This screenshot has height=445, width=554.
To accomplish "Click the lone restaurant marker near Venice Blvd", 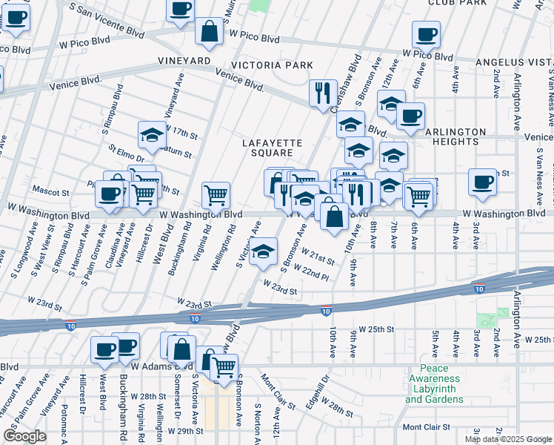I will [x=322, y=93].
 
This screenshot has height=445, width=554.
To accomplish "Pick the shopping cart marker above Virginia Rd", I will [x=216, y=195].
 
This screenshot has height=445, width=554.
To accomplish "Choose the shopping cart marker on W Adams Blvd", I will [x=224, y=366].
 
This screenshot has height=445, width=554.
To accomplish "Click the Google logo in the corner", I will [x=24, y=436].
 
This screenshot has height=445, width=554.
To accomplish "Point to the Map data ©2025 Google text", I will [x=509, y=439].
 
